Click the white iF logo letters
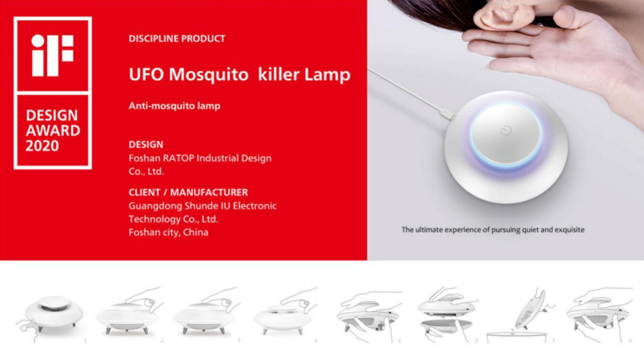point(53,55)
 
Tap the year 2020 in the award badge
point(43,146)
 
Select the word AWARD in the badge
point(53,130)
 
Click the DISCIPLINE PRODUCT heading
point(177,38)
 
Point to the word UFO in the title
point(146,74)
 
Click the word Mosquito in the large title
point(209,75)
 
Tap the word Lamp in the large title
point(327,75)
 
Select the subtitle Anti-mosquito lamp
point(175,106)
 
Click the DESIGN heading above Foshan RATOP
point(146,145)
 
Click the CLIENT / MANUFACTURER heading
point(188,192)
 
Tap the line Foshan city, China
point(168,232)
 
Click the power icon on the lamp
point(506,130)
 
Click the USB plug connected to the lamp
point(446,113)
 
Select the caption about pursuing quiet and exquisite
point(493,230)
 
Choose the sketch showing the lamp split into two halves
point(447,314)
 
